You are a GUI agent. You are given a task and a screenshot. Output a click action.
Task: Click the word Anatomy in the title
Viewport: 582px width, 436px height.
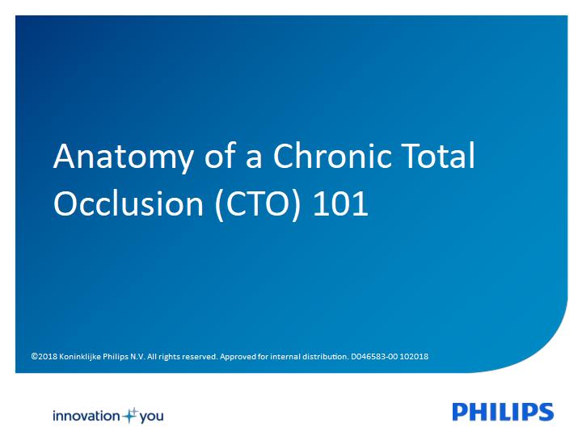124,157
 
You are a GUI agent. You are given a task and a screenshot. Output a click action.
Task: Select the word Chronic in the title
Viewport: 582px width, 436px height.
332,155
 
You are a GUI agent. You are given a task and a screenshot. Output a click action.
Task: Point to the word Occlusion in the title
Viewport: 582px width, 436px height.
129,203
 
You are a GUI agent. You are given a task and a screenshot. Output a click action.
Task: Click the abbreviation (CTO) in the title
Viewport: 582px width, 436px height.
258,204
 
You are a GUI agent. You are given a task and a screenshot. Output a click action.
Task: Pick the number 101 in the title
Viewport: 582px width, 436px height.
340,203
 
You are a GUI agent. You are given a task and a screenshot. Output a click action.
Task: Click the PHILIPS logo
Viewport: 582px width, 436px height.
503,412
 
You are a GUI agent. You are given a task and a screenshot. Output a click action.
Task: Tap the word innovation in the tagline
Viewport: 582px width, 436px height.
86,416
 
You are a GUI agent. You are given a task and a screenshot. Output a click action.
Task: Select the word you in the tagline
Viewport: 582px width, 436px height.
151,417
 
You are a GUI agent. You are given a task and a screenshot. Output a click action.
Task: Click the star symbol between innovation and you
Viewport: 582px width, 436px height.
130,416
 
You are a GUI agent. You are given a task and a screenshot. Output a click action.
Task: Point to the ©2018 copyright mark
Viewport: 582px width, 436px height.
44,357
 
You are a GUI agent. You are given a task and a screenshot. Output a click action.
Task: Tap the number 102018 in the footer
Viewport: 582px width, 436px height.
414,357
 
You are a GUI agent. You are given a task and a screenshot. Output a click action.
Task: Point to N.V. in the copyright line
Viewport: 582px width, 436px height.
137,357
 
